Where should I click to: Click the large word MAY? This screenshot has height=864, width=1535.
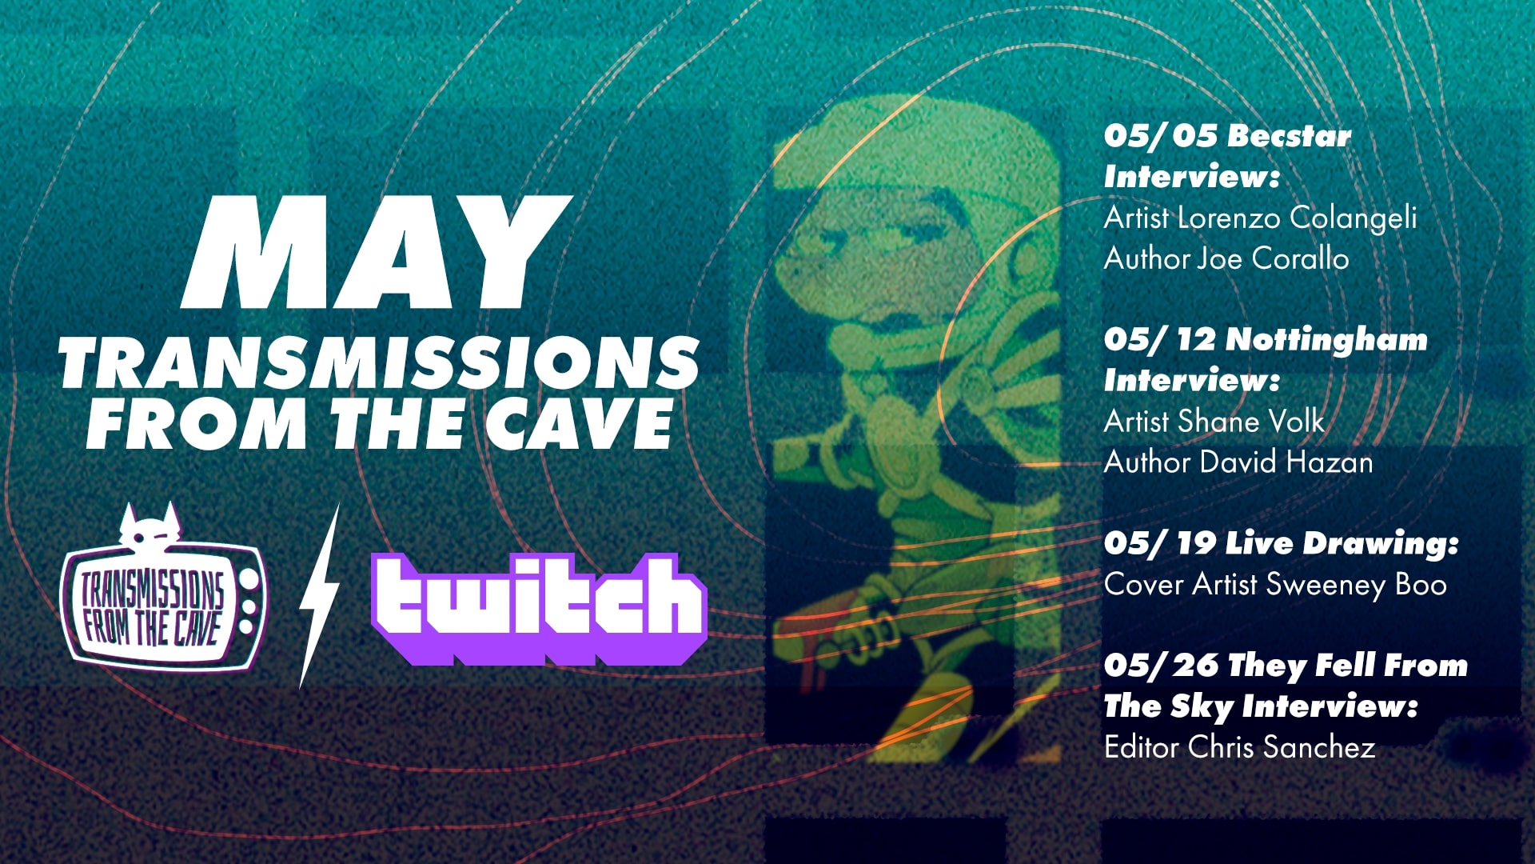point(376,253)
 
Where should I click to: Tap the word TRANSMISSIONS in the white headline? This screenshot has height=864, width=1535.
point(379,363)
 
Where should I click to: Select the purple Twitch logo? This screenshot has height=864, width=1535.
point(539,609)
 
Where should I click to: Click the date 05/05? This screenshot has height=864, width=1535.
point(1160,135)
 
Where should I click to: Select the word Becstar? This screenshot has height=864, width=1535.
point(1289,135)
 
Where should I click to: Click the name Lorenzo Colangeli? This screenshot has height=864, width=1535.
point(1298,218)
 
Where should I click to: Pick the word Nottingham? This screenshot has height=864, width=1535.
point(1326,340)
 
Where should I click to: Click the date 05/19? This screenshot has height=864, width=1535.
point(1160,543)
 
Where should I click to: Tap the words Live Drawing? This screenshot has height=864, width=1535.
point(1342,544)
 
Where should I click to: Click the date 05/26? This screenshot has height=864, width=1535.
point(1162,665)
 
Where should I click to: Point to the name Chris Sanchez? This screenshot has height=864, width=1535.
point(1282,747)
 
